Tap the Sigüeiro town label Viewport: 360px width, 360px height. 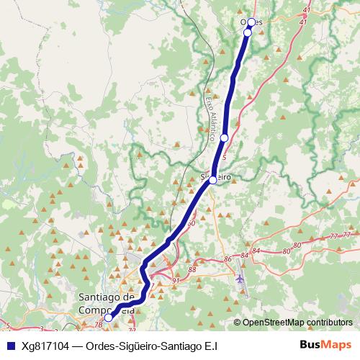[x=215, y=175]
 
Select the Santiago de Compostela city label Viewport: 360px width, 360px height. [x=107, y=303]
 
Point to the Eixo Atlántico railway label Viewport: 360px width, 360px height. [x=211, y=115]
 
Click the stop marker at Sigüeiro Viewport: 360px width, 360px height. [x=213, y=181]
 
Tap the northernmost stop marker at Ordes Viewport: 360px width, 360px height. [x=251, y=22]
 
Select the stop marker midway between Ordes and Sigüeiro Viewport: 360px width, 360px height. [x=225, y=138]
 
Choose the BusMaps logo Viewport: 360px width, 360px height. [x=323, y=345]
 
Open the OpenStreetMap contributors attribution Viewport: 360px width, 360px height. [x=297, y=322]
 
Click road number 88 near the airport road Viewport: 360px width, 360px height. [x=191, y=269]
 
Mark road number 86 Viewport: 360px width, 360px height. [x=228, y=258]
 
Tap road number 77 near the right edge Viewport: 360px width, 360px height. [x=334, y=236]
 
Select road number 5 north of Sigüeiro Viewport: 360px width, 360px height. [x=225, y=156]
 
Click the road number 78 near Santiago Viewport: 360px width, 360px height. [x=97, y=325]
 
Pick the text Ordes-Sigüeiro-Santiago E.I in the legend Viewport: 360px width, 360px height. [x=151, y=346]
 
